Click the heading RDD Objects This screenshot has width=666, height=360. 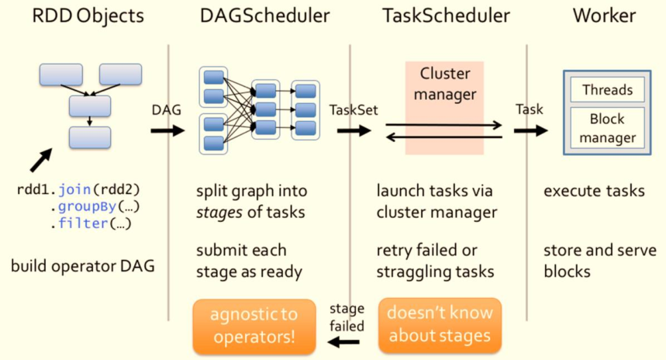[x=88, y=16]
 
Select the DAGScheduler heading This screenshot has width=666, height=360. [x=264, y=16]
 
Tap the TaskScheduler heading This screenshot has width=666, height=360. [x=446, y=16]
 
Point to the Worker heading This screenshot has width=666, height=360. [x=604, y=16]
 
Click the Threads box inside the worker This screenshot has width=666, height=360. [x=607, y=90]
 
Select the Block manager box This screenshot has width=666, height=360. [x=607, y=127]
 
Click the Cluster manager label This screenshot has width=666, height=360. [x=445, y=84]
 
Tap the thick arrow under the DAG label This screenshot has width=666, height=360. [x=167, y=130]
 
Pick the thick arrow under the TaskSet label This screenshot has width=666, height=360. [x=354, y=130]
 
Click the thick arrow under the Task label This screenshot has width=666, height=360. [x=531, y=130]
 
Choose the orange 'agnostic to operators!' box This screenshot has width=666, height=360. [x=254, y=326]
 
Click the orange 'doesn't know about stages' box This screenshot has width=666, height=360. [x=440, y=325]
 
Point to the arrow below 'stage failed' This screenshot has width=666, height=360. [x=343, y=341]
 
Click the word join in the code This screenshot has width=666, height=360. [x=74, y=189]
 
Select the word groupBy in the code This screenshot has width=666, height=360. [x=87, y=206]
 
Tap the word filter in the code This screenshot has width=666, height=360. [x=83, y=223]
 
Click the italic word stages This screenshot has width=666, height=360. [x=219, y=212]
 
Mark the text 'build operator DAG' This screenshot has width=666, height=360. [x=83, y=266]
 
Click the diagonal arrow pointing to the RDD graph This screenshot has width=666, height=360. [x=41, y=160]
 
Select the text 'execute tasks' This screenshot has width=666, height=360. [x=594, y=191]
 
